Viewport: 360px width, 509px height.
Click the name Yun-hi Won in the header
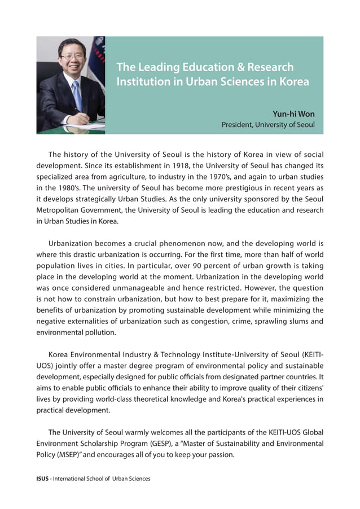tap(293, 114)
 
